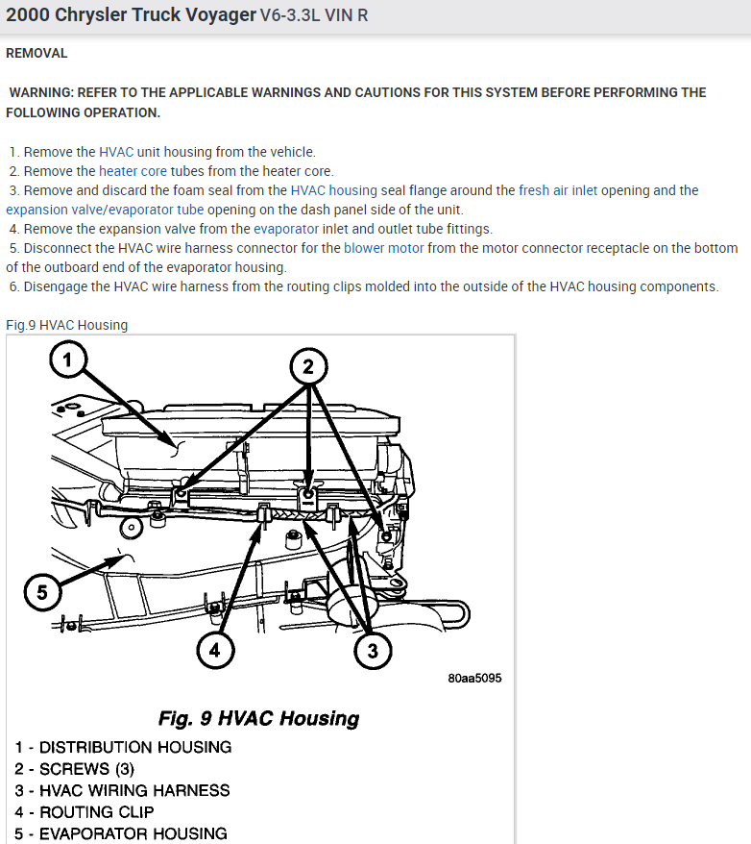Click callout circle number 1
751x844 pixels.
point(66,361)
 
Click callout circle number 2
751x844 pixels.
point(308,366)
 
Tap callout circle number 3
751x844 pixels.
point(372,651)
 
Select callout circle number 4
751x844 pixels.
point(215,651)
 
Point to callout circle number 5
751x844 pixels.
point(41,591)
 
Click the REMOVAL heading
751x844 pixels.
point(36,53)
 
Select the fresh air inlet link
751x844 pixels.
point(558,190)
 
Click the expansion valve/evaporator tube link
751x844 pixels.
point(105,210)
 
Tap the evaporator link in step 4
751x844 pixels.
point(286,229)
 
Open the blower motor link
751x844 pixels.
point(383,248)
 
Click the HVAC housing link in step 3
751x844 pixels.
point(334,190)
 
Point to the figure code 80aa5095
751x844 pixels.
point(474,678)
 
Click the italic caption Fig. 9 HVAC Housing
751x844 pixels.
point(258,718)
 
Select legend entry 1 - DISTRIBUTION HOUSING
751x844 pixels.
point(123,747)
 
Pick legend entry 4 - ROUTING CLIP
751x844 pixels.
point(85,812)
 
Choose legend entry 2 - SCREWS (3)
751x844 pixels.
point(75,769)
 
